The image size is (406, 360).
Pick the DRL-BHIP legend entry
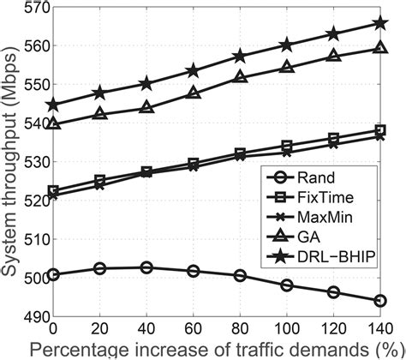330,256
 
